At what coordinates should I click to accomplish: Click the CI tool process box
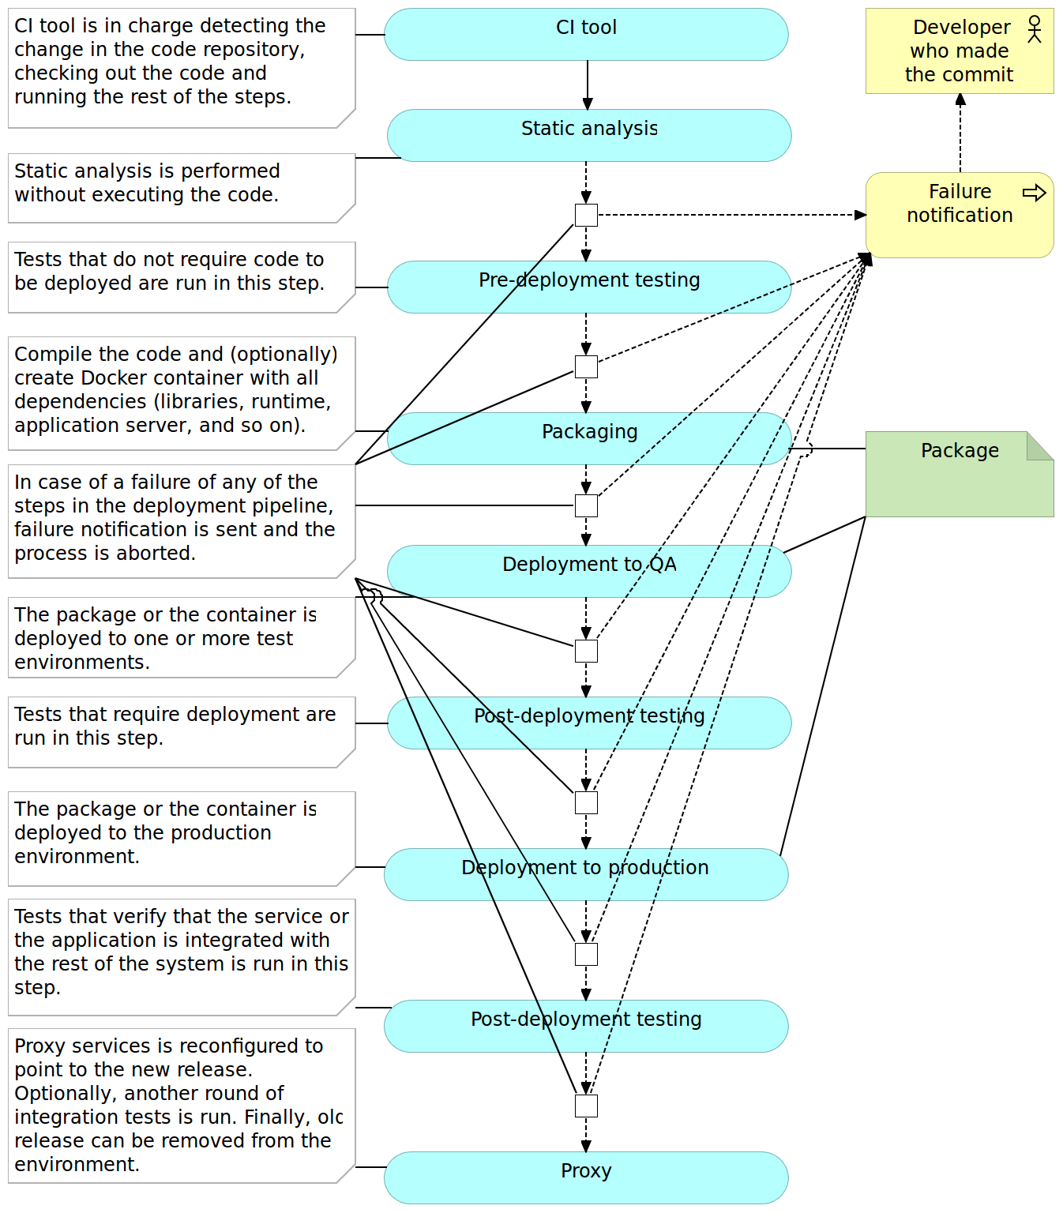(x=586, y=35)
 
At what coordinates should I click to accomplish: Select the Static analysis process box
(x=589, y=136)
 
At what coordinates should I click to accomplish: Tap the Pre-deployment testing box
(x=589, y=287)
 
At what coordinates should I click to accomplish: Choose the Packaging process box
(x=589, y=438)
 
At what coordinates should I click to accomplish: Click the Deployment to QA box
(x=589, y=571)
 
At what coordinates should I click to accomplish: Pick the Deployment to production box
(x=586, y=875)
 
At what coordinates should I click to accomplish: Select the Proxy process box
(x=586, y=1177)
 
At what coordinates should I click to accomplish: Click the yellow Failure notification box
(x=960, y=216)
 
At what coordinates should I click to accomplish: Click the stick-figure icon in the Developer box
(x=1035, y=29)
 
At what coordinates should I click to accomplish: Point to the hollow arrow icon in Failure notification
(x=1034, y=193)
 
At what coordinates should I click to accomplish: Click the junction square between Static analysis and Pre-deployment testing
(x=586, y=215)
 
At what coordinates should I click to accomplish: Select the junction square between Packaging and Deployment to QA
(x=586, y=505)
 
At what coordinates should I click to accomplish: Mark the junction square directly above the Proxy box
(x=586, y=1106)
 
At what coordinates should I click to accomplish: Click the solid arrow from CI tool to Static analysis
(x=588, y=84)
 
